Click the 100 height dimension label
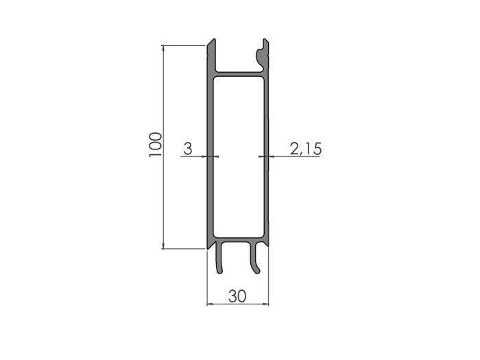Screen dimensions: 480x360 pyautogui.click(x=155, y=145)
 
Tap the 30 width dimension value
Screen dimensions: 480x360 pyautogui.click(x=237, y=296)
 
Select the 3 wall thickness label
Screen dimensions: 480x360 pyautogui.click(x=188, y=149)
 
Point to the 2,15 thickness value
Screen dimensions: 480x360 pyautogui.click(x=306, y=149)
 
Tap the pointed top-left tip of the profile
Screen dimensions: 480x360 pyautogui.click(x=214, y=39)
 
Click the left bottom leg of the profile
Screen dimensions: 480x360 pyautogui.click(x=219, y=257)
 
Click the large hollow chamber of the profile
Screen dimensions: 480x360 pyautogui.click(x=239, y=157)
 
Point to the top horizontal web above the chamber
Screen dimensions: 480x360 pyautogui.click(x=239, y=74)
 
